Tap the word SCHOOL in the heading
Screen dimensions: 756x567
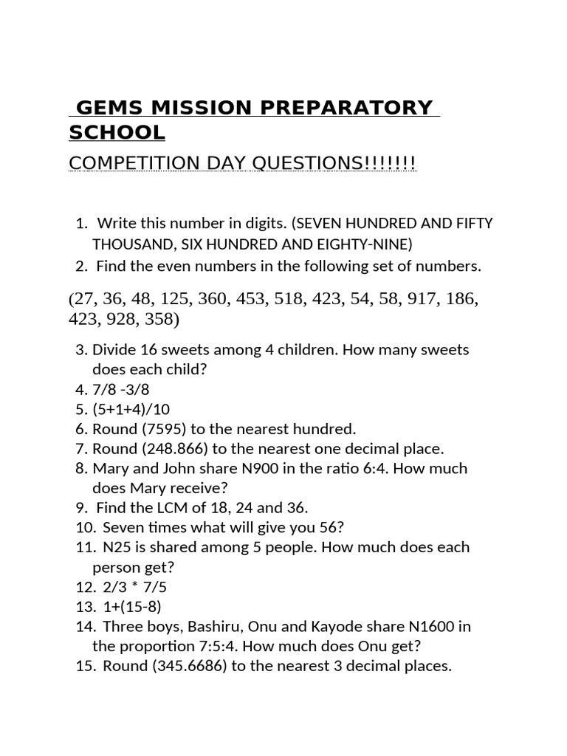(x=117, y=133)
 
